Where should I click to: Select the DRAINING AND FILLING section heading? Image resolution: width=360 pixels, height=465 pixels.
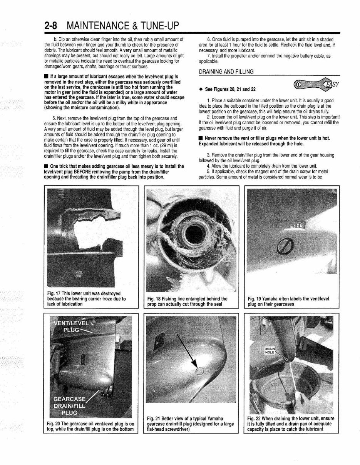[226, 72]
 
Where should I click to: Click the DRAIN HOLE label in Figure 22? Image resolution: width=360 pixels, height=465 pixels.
[270, 350]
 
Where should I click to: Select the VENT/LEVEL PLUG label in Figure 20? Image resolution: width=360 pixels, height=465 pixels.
[73, 326]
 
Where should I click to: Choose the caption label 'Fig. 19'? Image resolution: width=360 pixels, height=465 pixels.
[256, 298]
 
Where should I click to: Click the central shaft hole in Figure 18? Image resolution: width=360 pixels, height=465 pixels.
[192, 233]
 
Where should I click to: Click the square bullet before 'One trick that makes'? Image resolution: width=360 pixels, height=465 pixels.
[46, 166]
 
